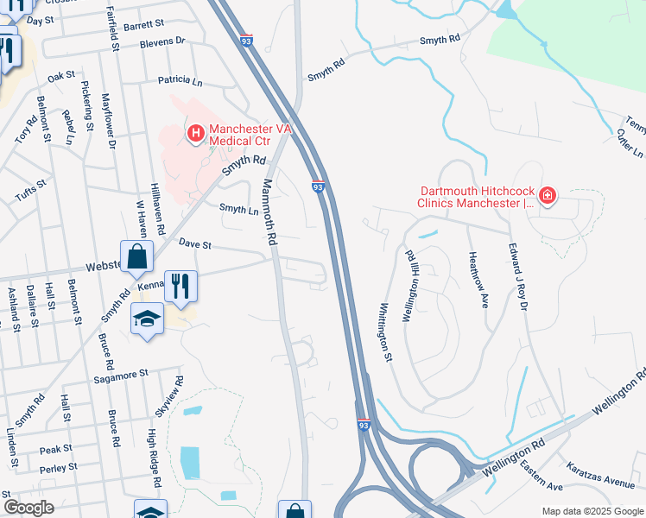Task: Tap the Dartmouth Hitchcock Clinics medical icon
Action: (x=547, y=198)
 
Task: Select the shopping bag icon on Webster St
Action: (x=137, y=256)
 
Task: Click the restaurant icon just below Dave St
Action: (x=180, y=286)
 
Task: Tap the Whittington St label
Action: (x=385, y=332)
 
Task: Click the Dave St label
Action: (x=195, y=244)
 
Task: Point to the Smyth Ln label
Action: (x=238, y=208)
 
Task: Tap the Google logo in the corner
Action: (x=28, y=508)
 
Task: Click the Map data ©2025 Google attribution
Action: (x=593, y=511)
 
